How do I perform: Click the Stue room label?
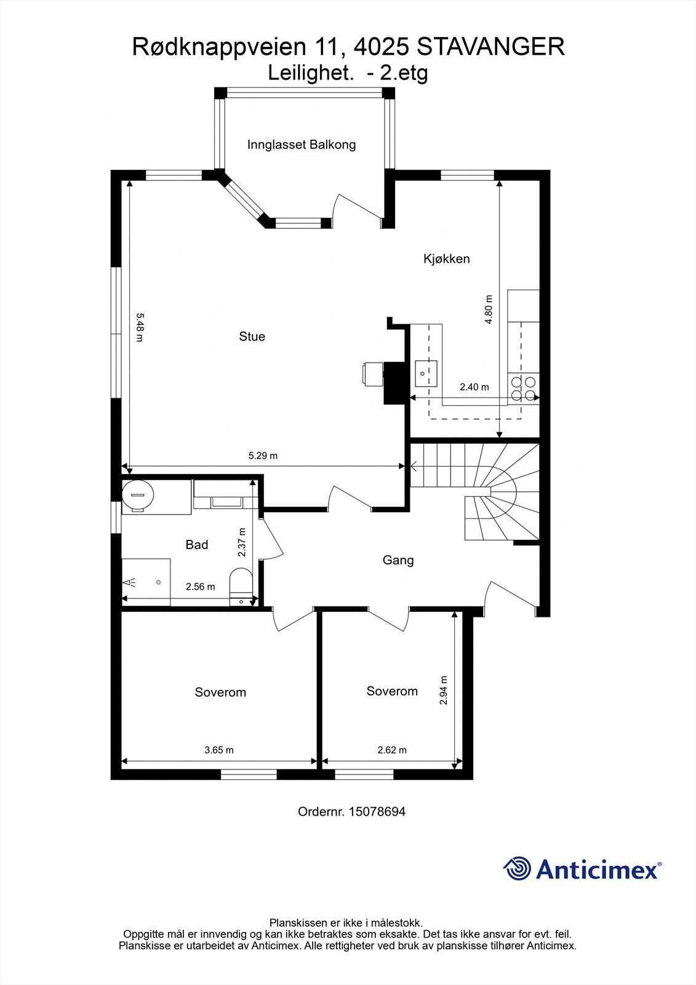(x=252, y=336)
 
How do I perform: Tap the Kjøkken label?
(x=446, y=259)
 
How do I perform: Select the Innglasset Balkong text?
(x=302, y=145)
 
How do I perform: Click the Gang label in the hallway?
(x=398, y=560)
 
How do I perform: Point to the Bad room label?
(x=197, y=545)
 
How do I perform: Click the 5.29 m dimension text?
(x=263, y=456)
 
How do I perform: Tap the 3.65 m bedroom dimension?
(x=219, y=750)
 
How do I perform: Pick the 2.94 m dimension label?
(x=444, y=690)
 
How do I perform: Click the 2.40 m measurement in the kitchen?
(x=474, y=387)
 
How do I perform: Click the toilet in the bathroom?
(x=240, y=587)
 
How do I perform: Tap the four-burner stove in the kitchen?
(x=522, y=388)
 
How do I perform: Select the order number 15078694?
(x=377, y=811)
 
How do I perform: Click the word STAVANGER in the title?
(x=491, y=47)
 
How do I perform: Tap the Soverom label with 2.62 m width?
(x=392, y=691)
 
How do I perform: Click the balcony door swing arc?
(x=357, y=206)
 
